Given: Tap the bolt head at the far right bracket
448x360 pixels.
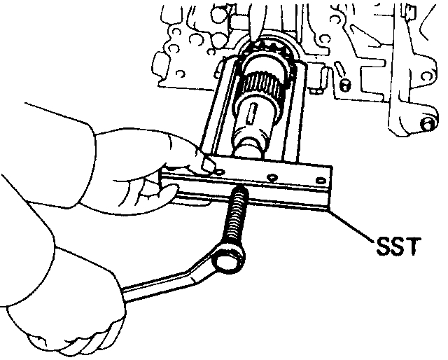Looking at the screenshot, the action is click(425, 125).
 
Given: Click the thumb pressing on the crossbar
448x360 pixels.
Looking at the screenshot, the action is click(205, 165).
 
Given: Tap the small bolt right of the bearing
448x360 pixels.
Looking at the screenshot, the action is click(343, 85).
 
